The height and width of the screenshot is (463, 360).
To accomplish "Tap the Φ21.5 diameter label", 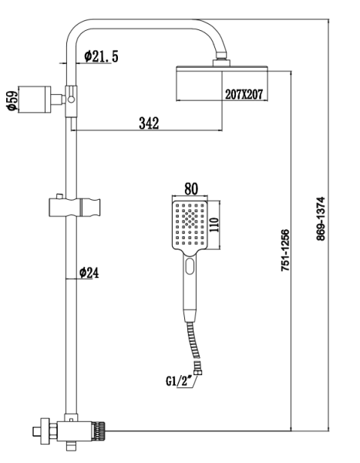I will coord(100,56).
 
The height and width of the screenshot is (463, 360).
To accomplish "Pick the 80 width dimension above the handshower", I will coord(191,188).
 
